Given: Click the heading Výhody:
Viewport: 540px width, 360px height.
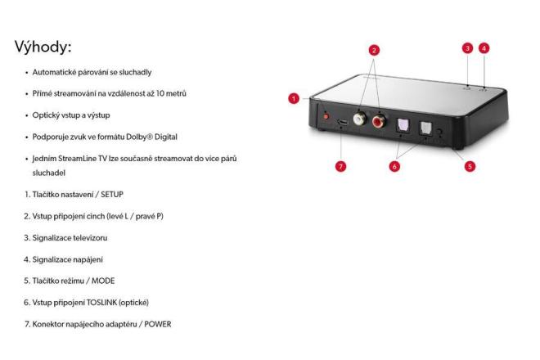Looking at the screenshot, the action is click(43, 47).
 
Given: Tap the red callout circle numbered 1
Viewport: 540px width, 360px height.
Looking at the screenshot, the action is click(294, 99).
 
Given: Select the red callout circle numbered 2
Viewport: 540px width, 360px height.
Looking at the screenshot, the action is click(374, 50).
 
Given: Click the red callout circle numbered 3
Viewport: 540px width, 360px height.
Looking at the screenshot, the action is click(467, 48).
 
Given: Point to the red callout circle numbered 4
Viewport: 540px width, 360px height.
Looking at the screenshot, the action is click(484, 48).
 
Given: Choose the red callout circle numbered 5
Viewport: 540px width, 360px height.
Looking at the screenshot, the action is click(470, 166).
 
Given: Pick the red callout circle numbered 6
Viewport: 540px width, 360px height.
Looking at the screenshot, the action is click(394, 166).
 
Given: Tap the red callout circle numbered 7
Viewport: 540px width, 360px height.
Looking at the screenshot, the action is click(340, 166).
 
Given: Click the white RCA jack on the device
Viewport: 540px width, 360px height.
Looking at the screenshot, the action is click(359, 119).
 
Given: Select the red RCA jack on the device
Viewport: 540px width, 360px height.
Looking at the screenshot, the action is click(379, 120).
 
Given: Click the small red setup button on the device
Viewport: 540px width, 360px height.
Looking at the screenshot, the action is click(326, 116).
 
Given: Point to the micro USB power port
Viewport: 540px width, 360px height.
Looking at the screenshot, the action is click(342, 122).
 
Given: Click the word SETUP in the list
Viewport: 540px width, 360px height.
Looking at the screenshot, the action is click(112, 195).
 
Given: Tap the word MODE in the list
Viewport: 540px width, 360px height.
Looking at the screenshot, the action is click(103, 281).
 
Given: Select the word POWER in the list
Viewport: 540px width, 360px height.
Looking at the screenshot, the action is click(158, 324).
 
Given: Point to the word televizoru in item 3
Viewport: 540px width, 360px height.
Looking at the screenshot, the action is click(90, 238).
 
